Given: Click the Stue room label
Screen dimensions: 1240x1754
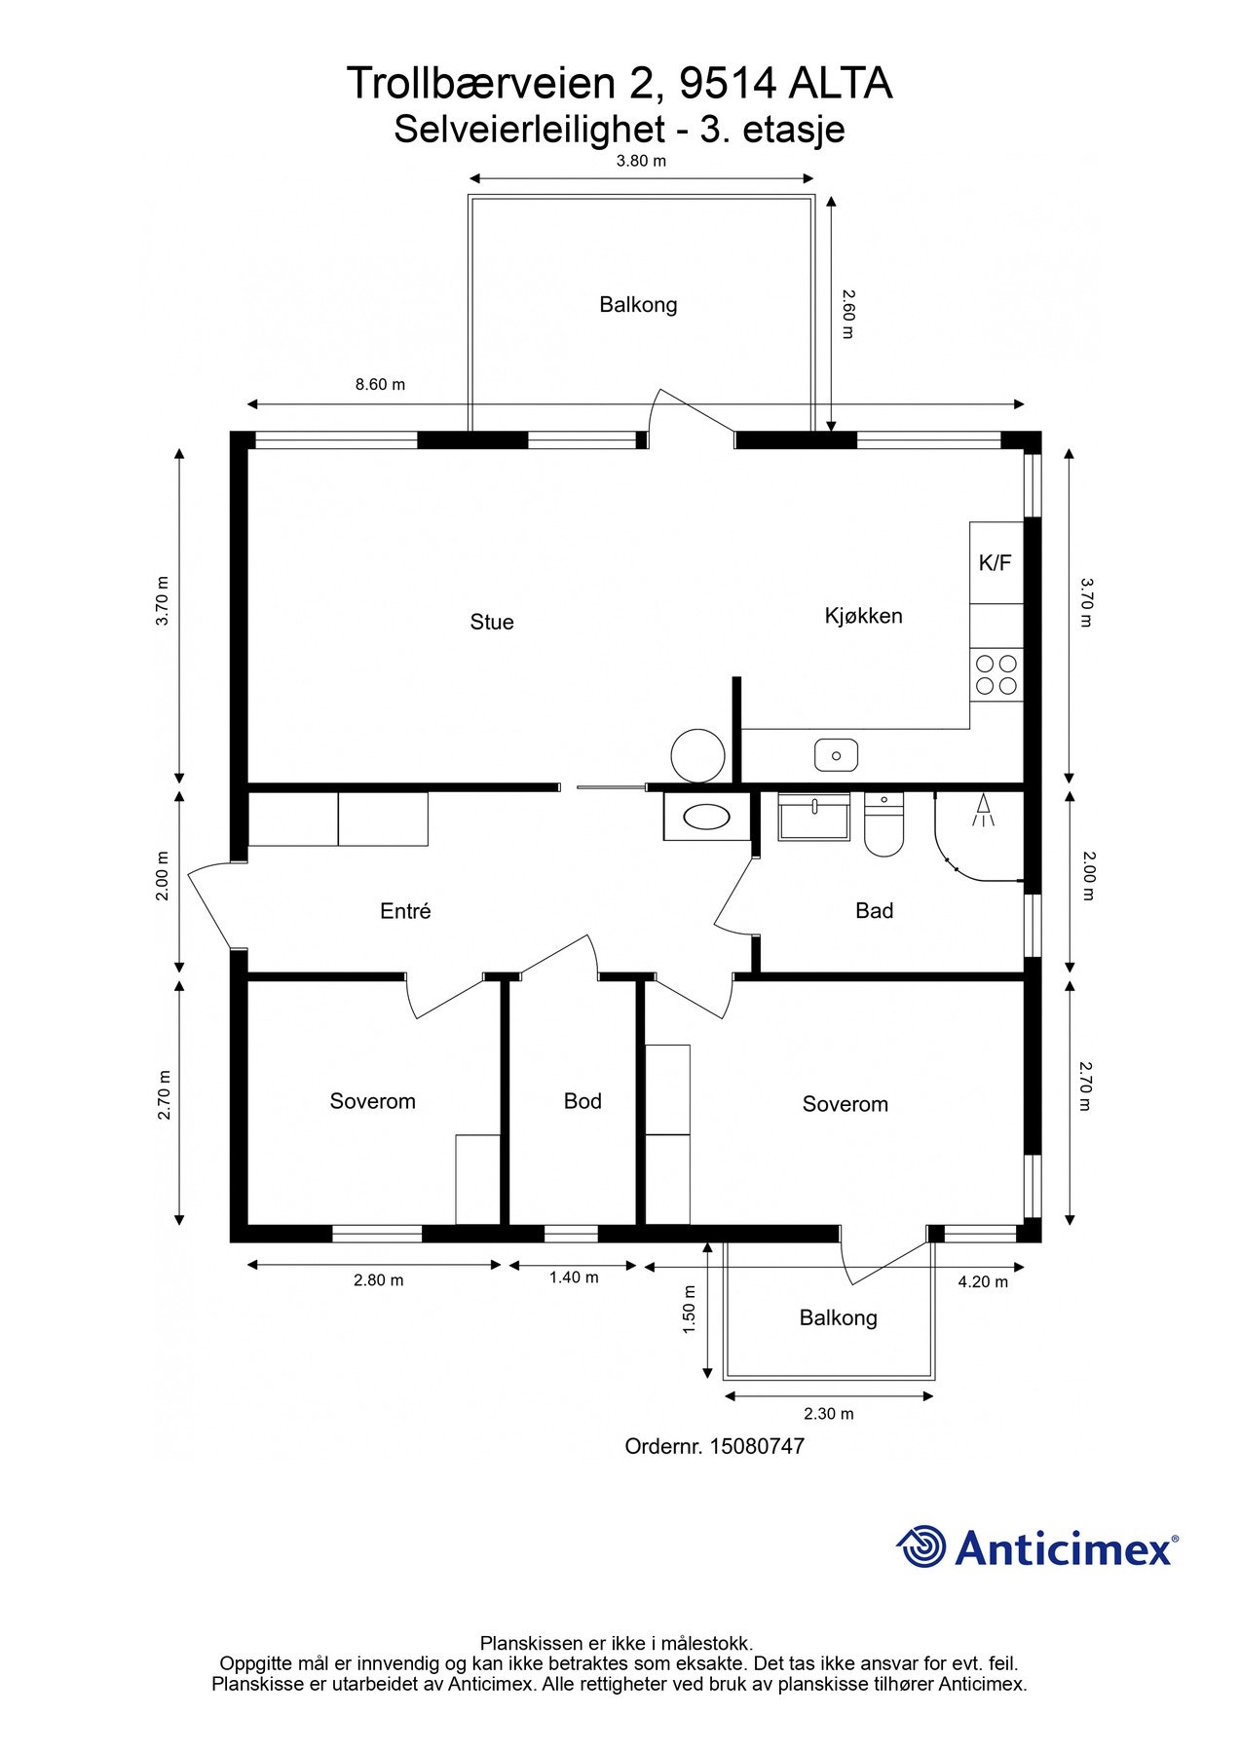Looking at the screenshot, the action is click(492, 622).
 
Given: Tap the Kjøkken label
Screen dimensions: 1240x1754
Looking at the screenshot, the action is click(863, 616).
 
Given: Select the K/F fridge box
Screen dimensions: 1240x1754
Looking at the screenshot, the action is click(996, 562).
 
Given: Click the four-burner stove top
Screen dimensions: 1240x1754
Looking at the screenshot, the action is click(996, 674).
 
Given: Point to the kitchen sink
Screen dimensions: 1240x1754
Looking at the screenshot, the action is click(836, 754).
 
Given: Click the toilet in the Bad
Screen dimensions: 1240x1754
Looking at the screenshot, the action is click(884, 824).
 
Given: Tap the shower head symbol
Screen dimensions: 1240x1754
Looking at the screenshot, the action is click(984, 810).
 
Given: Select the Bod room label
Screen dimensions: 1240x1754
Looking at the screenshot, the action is click(582, 1101).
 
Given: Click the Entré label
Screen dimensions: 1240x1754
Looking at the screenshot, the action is click(405, 911).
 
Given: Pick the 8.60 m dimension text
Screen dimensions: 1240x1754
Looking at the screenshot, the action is click(380, 385).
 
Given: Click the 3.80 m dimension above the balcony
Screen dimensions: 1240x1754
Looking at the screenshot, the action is click(641, 161).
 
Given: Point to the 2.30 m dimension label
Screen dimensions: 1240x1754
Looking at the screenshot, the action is click(828, 1414).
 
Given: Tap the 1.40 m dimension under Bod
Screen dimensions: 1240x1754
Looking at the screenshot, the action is click(574, 1277).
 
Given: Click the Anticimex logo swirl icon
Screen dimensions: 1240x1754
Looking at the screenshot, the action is click(921, 1546).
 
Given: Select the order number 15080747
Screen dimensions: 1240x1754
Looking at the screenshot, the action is click(757, 1446).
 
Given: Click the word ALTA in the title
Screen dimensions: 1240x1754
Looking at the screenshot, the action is click(840, 84).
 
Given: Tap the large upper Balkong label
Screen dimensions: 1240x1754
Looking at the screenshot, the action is click(638, 305).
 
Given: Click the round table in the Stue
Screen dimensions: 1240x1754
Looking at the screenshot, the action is click(697, 756).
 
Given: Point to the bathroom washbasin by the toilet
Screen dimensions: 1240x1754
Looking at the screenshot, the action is click(813, 817).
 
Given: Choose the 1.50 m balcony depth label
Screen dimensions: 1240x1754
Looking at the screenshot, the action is click(689, 1310).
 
